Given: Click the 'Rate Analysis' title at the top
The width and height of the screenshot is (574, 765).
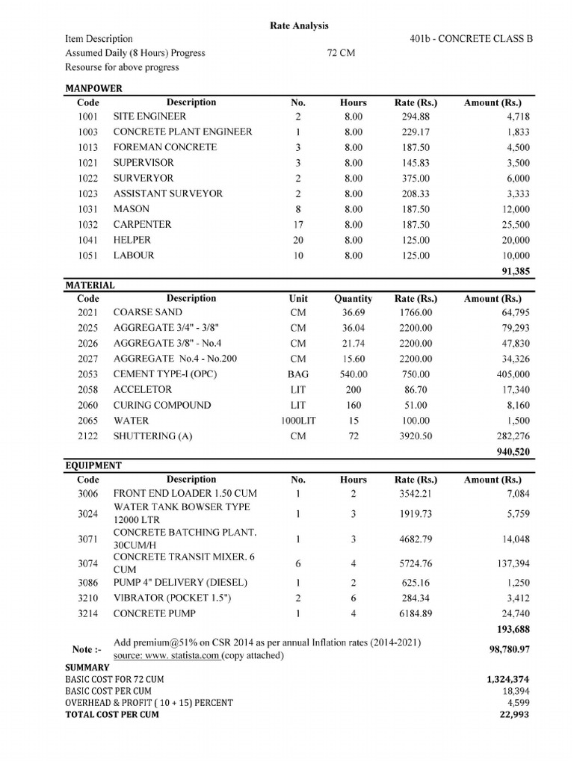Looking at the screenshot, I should click(298, 25).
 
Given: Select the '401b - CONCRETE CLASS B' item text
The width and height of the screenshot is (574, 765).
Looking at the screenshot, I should click(472, 39).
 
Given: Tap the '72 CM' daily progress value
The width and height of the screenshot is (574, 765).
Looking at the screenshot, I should click(341, 53).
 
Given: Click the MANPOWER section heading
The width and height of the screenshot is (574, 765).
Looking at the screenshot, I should click(93, 88).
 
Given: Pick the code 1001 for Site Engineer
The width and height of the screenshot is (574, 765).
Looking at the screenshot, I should click(88, 117).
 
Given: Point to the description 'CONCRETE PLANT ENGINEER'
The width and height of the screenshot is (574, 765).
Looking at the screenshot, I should click(182, 132).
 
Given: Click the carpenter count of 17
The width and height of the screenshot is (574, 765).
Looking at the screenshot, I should click(297, 225).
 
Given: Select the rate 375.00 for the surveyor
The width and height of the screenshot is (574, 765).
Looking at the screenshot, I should click(416, 179).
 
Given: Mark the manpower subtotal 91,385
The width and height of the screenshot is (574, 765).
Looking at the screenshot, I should click(513, 271).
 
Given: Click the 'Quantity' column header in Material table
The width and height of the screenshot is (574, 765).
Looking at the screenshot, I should click(353, 299).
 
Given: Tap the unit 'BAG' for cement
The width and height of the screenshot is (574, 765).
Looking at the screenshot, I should click(297, 374).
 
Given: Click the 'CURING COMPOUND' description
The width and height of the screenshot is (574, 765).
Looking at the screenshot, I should click(161, 405).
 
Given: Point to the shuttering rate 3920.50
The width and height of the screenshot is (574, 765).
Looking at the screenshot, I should click(416, 436).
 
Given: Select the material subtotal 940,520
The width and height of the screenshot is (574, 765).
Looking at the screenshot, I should click(513, 452).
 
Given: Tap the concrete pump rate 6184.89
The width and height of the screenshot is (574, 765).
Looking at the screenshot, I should click(416, 613).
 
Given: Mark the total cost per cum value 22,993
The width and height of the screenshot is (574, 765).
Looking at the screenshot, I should click(514, 714).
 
